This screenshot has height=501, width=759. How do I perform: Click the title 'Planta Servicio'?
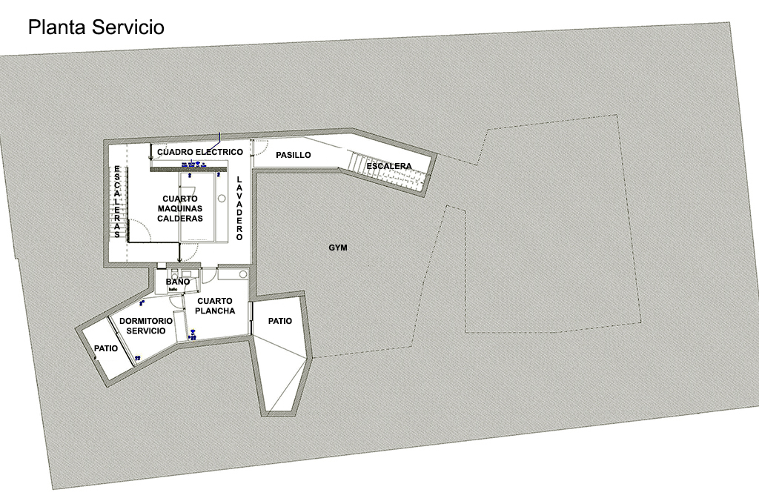[x=96, y=27]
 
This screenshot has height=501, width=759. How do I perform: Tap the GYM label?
[x=338, y=248]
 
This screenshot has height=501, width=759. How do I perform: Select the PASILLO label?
[x=293, y=155]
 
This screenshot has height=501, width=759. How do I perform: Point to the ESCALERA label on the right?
[x=388, y=166]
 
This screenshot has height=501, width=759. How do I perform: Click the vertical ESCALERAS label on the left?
[x=117, y=202]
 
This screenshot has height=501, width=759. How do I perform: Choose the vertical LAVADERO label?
[x=239, y=209]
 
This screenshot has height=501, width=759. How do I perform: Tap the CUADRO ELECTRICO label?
[x=199, y=152]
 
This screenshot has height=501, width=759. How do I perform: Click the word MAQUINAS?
[x=180, y=209]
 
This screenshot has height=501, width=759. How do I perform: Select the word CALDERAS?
[x=180, y=219]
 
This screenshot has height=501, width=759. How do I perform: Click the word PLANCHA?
[x=216, y=311]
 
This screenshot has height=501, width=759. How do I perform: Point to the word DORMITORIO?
[x=146, y=321]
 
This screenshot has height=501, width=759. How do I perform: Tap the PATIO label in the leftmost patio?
[x=106, y=348]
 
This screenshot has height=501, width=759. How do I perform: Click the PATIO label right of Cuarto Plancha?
[x=279, y=322]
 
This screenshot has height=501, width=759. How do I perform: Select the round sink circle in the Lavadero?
[x=221, y=199]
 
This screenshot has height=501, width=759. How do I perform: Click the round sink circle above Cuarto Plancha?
[x=242, y=275]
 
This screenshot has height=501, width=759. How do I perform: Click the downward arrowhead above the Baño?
[x=179, y=261]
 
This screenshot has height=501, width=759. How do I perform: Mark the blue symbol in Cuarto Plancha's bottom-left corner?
[x=192, y=336]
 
